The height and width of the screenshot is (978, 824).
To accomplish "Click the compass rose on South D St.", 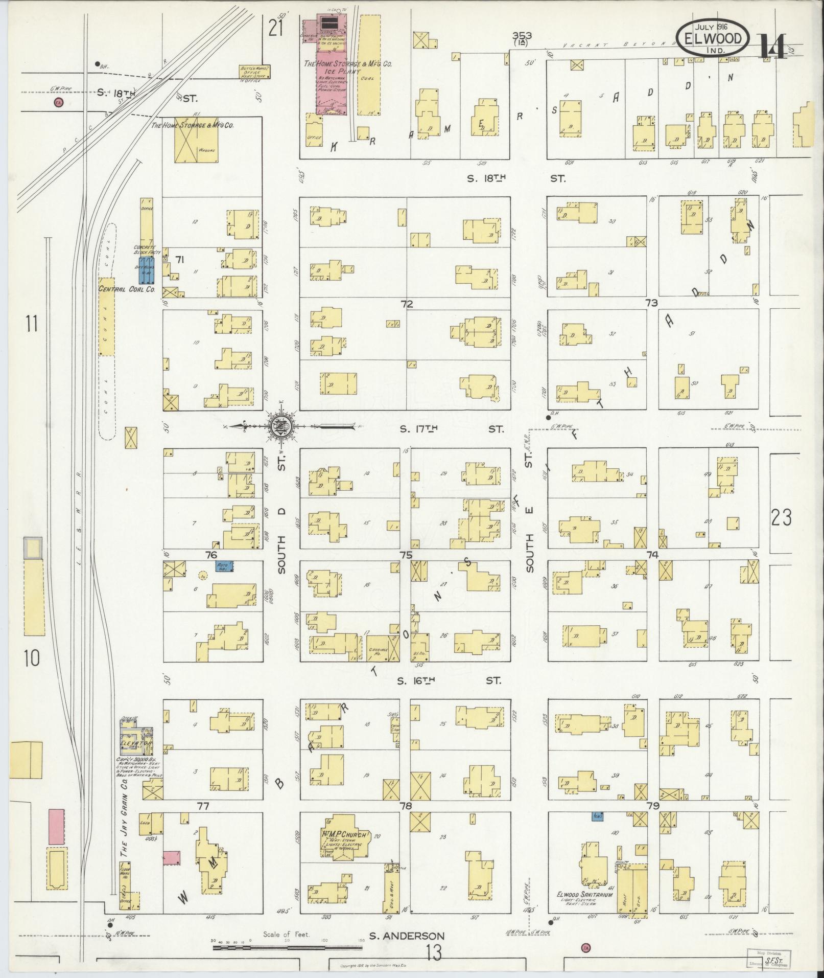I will [282, 426].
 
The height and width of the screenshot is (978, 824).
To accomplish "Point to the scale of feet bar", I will [287, 947].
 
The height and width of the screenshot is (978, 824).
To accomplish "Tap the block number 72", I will [406, 304].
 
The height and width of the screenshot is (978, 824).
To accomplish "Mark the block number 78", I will [406, 806].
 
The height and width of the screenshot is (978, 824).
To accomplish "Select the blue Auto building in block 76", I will [224, 566].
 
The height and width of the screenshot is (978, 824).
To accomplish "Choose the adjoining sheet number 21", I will [276, 29].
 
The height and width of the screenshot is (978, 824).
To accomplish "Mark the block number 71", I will [179, 260].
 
